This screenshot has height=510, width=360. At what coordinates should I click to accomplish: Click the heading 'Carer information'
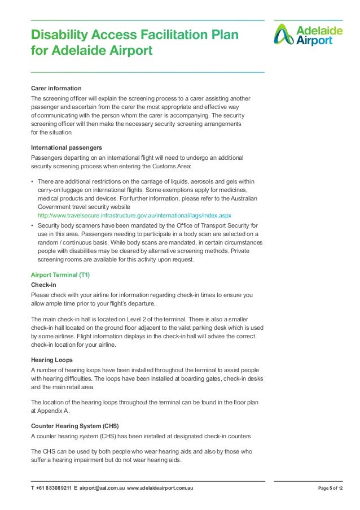(56, 89)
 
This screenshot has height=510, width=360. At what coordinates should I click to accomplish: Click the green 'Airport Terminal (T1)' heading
(60, 274)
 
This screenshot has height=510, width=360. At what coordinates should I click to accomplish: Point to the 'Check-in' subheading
(43, 285)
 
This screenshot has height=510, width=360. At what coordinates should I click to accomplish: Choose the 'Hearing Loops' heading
(55, 360)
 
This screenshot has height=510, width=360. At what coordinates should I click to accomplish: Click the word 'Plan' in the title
(224, 36)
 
